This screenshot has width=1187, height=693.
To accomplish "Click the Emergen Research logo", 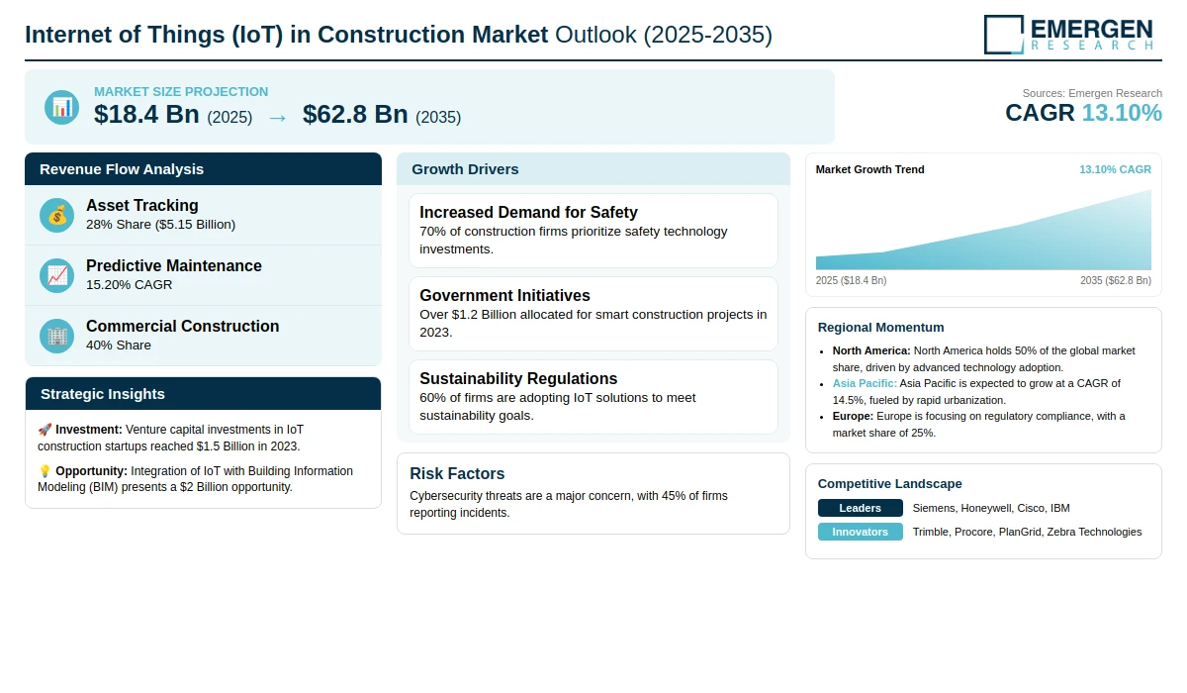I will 1069,34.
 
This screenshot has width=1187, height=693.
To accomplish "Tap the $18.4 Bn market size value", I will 147,115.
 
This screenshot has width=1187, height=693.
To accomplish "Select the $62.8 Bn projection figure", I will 355,115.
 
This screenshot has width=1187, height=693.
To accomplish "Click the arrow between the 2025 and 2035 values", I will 277,117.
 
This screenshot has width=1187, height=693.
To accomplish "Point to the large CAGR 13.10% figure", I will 1083,113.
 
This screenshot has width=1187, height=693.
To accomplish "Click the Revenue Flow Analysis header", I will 122,169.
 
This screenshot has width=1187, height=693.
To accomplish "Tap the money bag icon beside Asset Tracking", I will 57,215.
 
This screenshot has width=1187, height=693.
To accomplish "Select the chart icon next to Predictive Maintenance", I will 57,275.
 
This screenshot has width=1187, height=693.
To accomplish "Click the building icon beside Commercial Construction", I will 57,336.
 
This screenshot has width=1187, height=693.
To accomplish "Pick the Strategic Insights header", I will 103,394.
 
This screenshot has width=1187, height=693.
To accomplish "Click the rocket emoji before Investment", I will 45,430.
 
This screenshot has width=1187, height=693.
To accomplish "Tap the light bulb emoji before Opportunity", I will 45,471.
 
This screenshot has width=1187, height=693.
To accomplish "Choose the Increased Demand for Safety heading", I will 528,212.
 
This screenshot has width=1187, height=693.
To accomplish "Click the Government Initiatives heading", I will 504,295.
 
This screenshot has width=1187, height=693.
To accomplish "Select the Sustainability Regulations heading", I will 518,378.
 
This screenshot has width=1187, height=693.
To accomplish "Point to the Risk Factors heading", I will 457,473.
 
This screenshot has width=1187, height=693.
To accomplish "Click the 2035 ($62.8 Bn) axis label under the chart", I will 1115,280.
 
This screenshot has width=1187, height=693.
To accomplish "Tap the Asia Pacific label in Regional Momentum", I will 865,383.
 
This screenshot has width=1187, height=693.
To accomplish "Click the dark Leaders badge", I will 860,508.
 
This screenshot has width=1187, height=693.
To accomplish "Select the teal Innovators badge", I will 860,532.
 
